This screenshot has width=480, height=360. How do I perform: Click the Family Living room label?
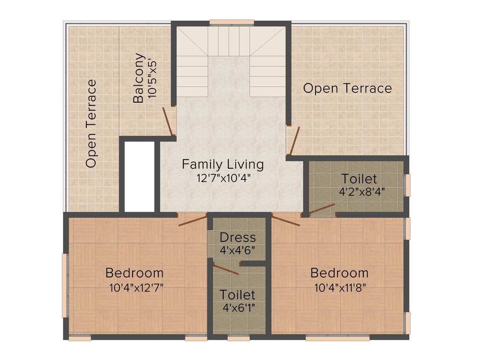[x=223, y=165]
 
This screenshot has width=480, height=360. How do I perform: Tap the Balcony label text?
[x=139, y=78]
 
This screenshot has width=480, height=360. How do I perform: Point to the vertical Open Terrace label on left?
[x=91, y=124]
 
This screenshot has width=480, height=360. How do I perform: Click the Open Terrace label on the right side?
[x=347, y=88]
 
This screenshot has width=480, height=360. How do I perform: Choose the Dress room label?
[x=238, y=237]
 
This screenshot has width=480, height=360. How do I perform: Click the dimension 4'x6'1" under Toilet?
[x=238, y=308]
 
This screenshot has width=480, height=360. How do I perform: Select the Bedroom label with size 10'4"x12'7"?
[x=135, y=272]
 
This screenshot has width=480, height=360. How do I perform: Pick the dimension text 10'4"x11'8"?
[x=340, y=287]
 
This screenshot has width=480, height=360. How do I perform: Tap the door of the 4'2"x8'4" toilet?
[x=321, y=209]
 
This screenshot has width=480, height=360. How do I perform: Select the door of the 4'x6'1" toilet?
[x=225, y=269]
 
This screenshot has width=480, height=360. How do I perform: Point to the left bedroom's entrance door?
[x=193, y=220]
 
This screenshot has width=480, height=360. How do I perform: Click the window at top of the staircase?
[x=232, y=22]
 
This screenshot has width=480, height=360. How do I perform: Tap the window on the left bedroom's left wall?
[x=65, y=285]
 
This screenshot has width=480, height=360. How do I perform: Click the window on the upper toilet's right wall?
[x=407, y=185]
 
